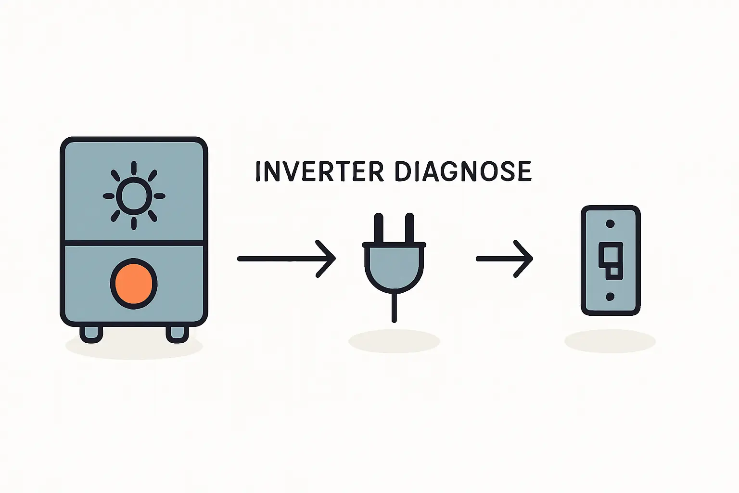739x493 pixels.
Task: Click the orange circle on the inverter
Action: click(134, 284)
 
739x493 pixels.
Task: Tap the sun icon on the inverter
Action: click(134, 195)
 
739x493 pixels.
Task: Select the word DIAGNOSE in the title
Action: click(463, 171)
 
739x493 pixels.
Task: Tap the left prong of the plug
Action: click(379, 228)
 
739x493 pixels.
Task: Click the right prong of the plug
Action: click(409, 228)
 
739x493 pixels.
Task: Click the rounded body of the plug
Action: click(395, 267)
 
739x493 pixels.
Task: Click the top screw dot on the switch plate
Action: click(611, 224)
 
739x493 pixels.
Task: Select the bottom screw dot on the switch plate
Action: click(611, 297)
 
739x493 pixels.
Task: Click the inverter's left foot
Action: click(91, 333)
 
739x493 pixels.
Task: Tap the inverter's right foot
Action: click(177, 333)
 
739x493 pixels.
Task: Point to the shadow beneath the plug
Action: click(394, 341)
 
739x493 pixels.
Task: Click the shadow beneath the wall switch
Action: click(610, 341)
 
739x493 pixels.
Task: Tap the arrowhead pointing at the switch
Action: click(525, 259)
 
